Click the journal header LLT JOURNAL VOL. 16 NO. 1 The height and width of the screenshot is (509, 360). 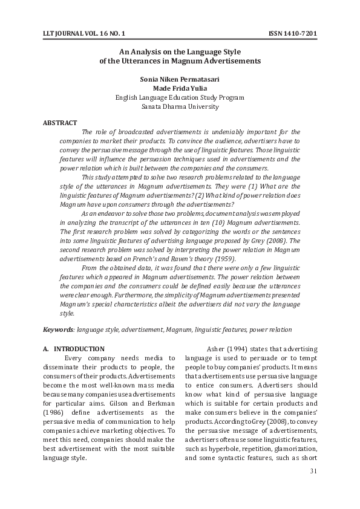pyautogui.click(x=85, y=33)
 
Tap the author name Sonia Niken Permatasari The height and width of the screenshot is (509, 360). pyautogui.click(x=180, y=79)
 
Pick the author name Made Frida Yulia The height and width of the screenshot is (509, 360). pyautogui.click(x=180, y=88)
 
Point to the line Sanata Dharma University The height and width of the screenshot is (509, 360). pyautogui.click(x=180, y=106)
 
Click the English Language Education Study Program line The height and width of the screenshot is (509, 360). pyautogui.click(x=180, y=97)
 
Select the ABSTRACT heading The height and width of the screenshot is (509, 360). pyautogui.click(x=60, y=123)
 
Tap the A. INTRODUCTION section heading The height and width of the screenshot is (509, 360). pyautogui.click(x=74, y=349)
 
